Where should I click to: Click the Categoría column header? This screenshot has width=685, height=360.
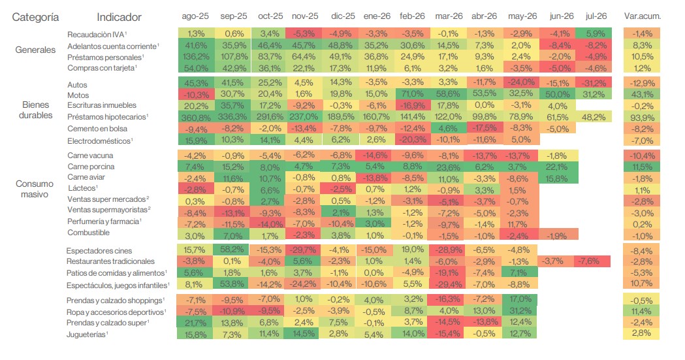click(35, 18)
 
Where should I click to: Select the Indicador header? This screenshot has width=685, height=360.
click(119, 17)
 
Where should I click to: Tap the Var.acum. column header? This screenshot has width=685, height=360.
click(642, 16)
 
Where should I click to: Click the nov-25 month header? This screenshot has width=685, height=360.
click(305, 16)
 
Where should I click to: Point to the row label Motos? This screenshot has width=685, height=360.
click(78, 95)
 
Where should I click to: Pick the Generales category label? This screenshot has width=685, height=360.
click(35, 50)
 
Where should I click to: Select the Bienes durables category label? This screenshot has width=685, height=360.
click(35, 110)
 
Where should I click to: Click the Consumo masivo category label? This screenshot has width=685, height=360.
click(35, 189)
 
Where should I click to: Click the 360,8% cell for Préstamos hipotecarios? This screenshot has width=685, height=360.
click(195, 118)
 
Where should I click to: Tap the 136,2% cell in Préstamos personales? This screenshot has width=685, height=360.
click(196, 57)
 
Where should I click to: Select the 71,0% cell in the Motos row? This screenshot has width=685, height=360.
click(413, 94)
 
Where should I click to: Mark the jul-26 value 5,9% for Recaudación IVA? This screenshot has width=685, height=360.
click(594, 33)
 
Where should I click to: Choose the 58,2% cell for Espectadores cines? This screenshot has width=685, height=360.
click(232, 250)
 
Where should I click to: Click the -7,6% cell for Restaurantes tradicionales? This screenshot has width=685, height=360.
click(593, 261)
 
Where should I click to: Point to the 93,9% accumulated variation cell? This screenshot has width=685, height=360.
click(642, 118)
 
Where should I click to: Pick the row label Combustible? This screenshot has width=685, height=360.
click(88, 233)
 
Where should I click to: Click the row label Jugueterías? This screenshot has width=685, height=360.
click(87, 335)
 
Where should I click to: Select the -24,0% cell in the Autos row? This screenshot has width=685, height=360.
click(521, 82)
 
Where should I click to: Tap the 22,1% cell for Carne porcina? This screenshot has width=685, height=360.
click(556, 167)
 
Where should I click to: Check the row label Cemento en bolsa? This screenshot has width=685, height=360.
click(97, 129)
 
